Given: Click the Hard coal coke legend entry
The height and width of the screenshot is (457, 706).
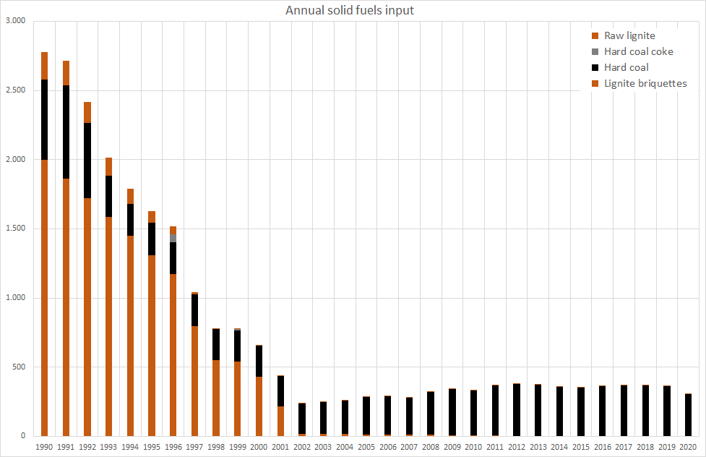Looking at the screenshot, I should point(638,51).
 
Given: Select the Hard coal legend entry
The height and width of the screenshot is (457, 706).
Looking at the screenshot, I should point(626,67).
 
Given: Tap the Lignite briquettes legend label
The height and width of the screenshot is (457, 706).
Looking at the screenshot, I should point(645,83).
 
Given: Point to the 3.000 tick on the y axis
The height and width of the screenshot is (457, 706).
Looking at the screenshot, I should point(15,21).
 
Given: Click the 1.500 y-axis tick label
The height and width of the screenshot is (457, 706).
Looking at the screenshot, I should point(15,228).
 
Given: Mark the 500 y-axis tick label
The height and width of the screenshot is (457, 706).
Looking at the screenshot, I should point(18,367).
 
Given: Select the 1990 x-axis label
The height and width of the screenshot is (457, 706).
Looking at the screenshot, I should point(44,448).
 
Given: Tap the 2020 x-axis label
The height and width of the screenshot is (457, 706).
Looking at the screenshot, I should point(688,448).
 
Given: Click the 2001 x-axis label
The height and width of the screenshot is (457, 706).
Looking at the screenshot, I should point(280,448).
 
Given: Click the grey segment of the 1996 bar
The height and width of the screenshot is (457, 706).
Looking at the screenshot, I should point(173,238).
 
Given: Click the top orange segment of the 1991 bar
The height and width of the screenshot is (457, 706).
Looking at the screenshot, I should point(66,73).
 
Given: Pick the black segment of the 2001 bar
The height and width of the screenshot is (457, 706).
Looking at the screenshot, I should point(280,390).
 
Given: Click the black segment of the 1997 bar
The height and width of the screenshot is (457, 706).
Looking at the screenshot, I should point(194,310).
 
